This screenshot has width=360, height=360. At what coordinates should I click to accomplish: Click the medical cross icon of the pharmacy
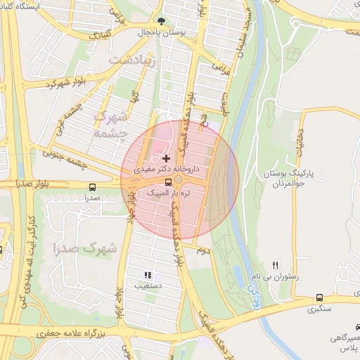(166, 159)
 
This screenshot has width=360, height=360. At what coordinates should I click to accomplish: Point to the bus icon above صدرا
(93, 187)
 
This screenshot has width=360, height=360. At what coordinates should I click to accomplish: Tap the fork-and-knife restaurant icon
(276, 265)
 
